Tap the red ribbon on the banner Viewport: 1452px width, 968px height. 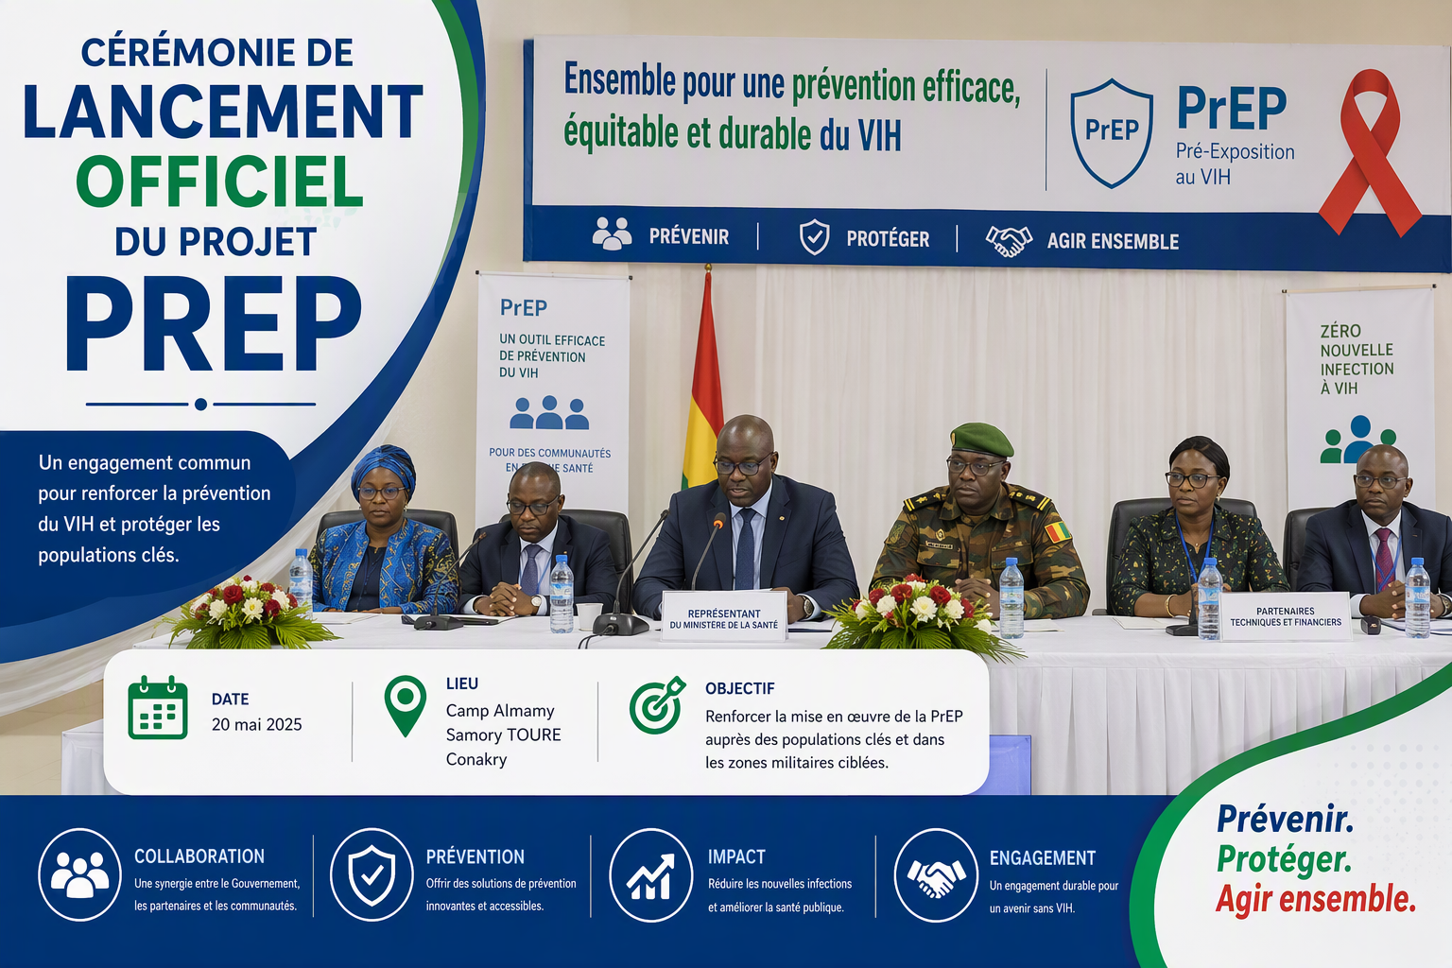(1368, 152)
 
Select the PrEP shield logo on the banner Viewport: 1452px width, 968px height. (1111, 133)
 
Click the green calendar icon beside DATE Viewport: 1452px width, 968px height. (158, 707)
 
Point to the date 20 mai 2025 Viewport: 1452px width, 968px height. (257, 724)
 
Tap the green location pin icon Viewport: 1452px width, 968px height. (406, 705)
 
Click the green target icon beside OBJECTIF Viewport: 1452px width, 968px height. (657, 705)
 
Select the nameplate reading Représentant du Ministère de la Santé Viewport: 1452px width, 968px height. (723, 616)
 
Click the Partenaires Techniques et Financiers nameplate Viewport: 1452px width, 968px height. (1286, 616)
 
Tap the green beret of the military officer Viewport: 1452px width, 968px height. (981, 439)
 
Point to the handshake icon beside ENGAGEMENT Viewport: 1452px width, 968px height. (936, 875)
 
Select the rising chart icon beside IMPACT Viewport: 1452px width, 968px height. (650, 875)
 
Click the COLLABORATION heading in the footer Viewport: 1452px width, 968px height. (199, 856)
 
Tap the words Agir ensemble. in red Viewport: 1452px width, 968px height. (1316, 900)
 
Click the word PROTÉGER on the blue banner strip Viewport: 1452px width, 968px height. (888, 239)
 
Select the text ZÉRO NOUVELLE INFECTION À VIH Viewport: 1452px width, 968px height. (1357, 359)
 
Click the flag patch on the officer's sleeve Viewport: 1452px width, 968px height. (1058, 532)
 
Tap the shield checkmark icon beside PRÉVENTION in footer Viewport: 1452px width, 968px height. (372, 875)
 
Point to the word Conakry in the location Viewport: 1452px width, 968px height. (476, 759)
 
